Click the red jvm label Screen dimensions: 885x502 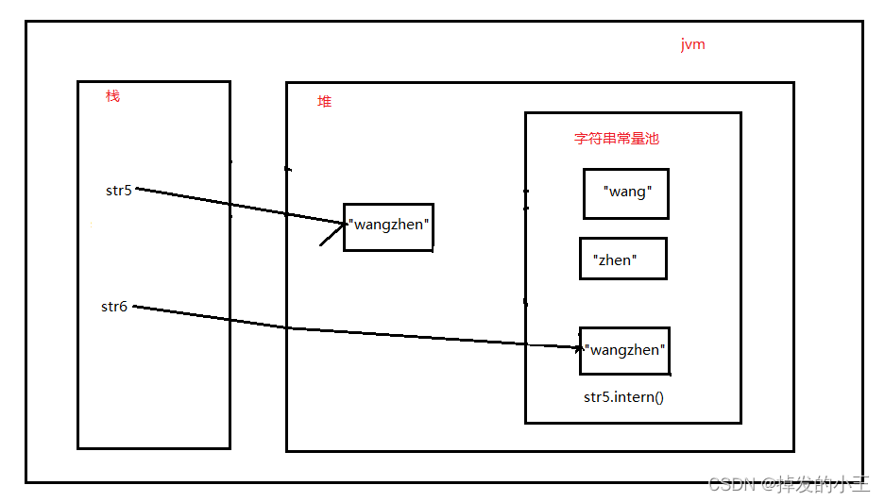tap(692, 44)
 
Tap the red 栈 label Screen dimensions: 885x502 tap(113, 96)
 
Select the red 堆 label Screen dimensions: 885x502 tap(325, 102)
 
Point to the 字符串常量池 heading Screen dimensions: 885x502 tap(617, 138)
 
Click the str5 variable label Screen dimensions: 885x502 tap(118, 191)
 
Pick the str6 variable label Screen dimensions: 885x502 tap(114, 307)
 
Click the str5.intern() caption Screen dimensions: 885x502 tap(623, 397)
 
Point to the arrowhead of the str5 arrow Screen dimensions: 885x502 tap(346, 224)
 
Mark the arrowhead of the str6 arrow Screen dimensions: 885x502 tap(582, 348)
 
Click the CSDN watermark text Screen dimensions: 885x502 tap(789, 484)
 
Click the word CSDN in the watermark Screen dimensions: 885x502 tap(731, 484)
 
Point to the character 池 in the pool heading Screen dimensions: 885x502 tap(652, 138)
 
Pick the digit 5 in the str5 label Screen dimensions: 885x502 tap(128, 191)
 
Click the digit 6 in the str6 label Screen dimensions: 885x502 tap(123, 307)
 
